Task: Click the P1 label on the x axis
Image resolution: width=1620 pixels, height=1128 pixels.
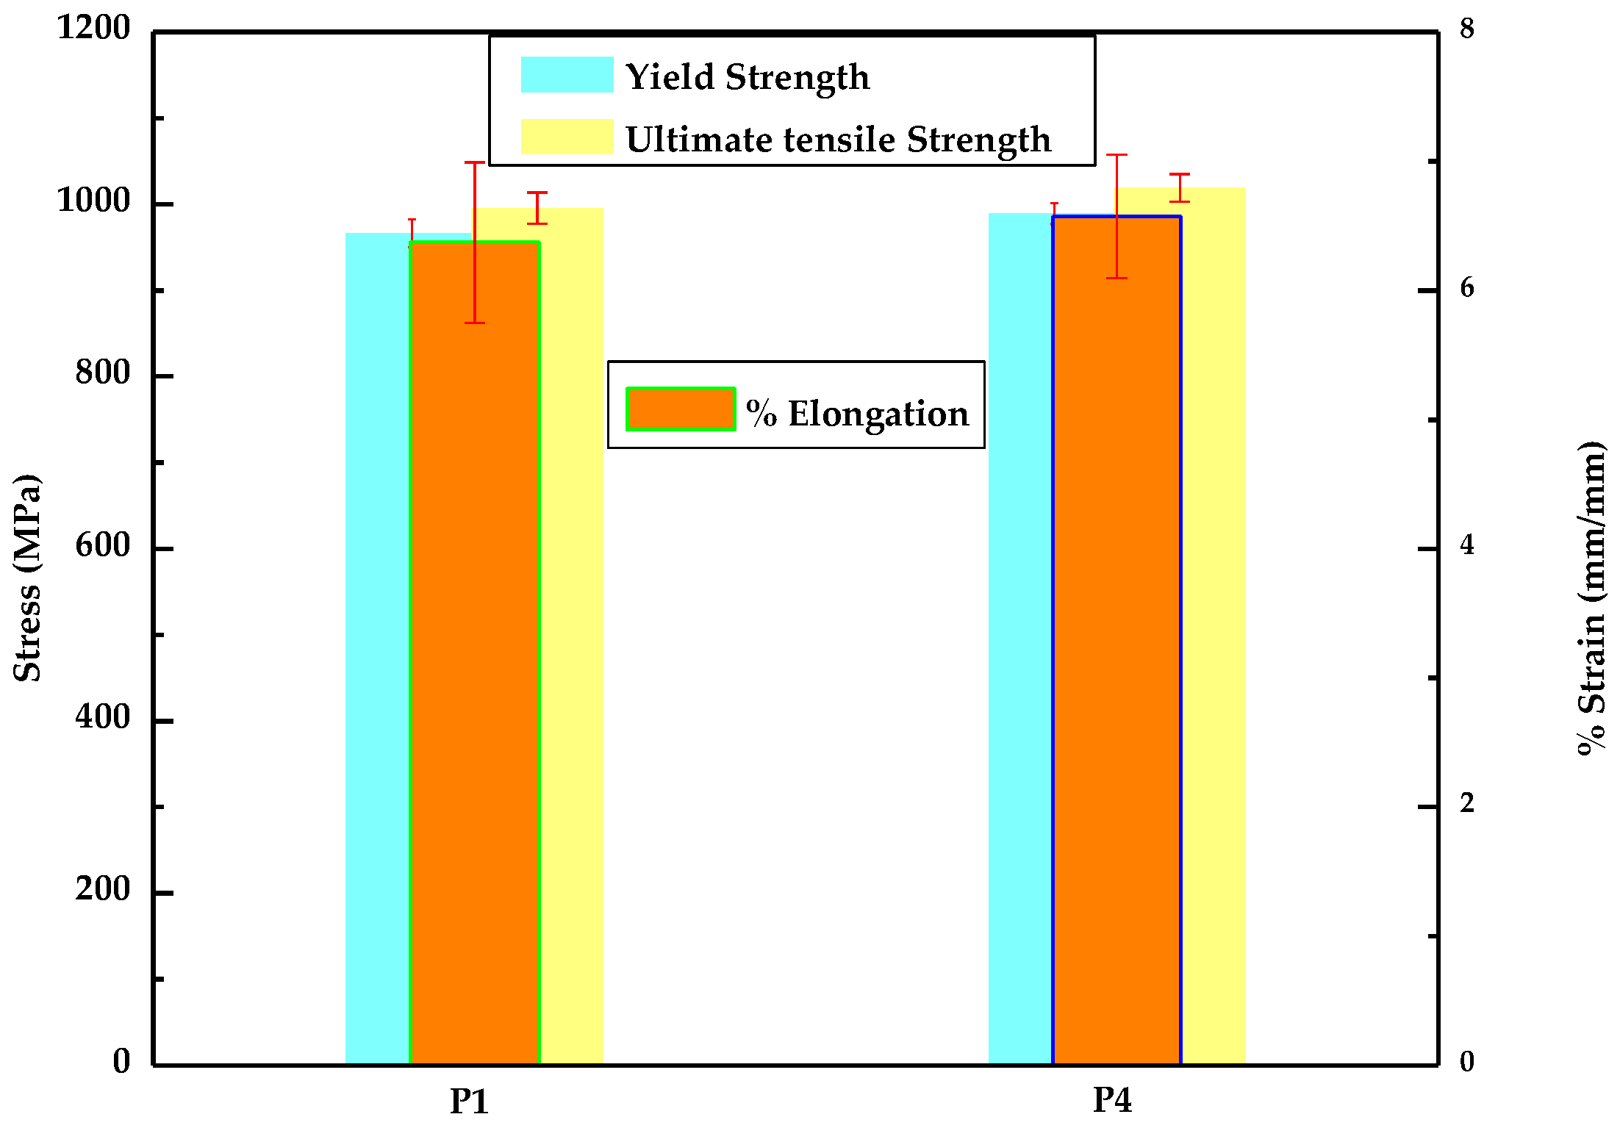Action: coord(469,1101)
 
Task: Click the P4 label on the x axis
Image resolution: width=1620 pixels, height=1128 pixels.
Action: coord(1112,1100)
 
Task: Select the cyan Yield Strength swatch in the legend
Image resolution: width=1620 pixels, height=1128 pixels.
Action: coord(567,75)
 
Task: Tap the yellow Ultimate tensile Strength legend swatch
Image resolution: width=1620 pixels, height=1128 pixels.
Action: coord(567,137)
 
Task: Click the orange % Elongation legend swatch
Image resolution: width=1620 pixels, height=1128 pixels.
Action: coord(680,409)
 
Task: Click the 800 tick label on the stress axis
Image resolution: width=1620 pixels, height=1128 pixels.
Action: coord(103,373)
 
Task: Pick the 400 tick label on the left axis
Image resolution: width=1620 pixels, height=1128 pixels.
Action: coord(103,716)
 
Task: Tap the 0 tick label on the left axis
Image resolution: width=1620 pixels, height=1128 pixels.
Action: coord(121,1061)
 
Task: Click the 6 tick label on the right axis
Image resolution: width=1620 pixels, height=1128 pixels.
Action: coord(1467,288)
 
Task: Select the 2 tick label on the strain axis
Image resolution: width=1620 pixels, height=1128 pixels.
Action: coord(1467,803)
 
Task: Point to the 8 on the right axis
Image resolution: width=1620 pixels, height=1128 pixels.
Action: coord(1467,29)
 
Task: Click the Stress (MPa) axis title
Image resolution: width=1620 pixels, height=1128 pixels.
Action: coord(28,578)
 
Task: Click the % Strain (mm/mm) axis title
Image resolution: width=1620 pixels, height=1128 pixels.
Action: coord(1592,598)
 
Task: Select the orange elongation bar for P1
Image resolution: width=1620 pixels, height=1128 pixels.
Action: coord(475,661)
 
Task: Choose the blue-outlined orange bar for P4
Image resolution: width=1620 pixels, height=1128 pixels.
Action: coord(1117,661)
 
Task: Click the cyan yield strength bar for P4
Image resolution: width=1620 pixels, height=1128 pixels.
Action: coord(1020,661)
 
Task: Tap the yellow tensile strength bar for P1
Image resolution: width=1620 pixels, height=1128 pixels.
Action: coord(572,661)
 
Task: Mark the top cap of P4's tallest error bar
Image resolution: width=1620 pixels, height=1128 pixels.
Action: coord(1117,155)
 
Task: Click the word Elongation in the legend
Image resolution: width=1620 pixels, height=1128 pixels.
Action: coord(878,414)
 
